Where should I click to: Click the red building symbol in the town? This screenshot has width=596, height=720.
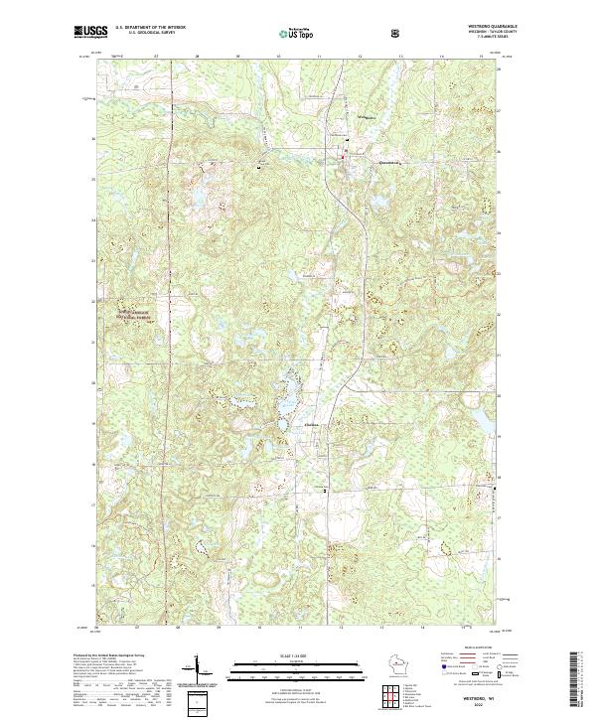(345, 153)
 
